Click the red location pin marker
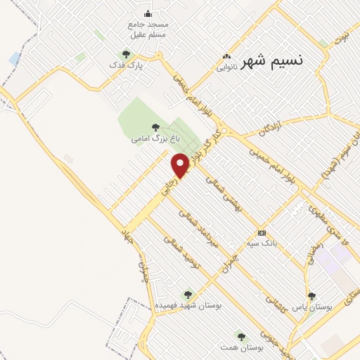181,165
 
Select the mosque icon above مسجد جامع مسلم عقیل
148,13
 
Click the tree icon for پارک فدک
127,54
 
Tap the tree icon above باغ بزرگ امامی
155,127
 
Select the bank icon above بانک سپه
262,233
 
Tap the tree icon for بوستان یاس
312,296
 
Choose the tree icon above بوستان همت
241,337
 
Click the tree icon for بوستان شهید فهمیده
187,295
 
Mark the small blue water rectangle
15,58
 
